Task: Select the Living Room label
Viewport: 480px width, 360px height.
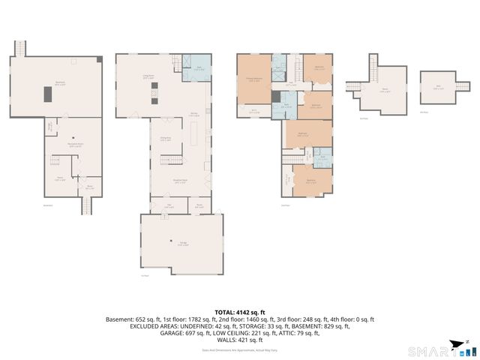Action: [x=148, y=76]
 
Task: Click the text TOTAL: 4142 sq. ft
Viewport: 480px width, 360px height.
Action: [x=240, y=313]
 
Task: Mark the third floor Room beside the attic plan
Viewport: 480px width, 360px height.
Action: [x=384, y=90]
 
